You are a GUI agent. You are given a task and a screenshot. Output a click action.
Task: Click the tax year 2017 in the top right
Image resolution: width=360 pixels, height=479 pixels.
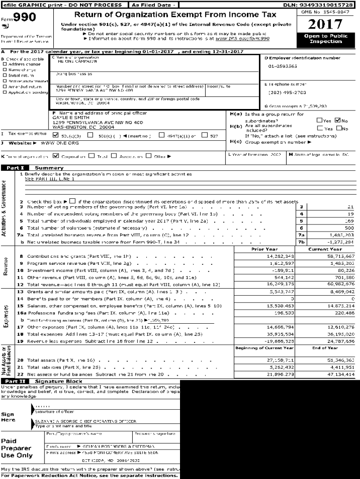(x=325, y=24)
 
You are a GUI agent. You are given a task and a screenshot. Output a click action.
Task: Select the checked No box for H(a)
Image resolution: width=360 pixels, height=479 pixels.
(x=338, y=120)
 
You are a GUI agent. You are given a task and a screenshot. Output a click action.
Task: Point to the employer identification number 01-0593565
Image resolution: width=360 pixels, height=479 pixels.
(x=282, y=66)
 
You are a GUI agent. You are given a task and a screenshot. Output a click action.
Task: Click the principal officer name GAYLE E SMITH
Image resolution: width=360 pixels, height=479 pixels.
(x=69, y=118)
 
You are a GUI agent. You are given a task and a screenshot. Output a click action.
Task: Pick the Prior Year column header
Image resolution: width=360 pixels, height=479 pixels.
(x=264, y=249)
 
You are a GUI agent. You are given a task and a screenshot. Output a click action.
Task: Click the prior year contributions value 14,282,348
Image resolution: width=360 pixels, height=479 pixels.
(x=267, y=257)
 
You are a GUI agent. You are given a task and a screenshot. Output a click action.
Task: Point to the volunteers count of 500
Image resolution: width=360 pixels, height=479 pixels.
(x=350, y=228)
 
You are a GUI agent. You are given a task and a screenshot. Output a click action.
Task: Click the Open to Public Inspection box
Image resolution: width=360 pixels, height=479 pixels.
(x=325, y=39)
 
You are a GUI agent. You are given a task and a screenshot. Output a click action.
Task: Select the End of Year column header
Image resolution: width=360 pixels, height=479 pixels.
(x=325, y=348)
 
